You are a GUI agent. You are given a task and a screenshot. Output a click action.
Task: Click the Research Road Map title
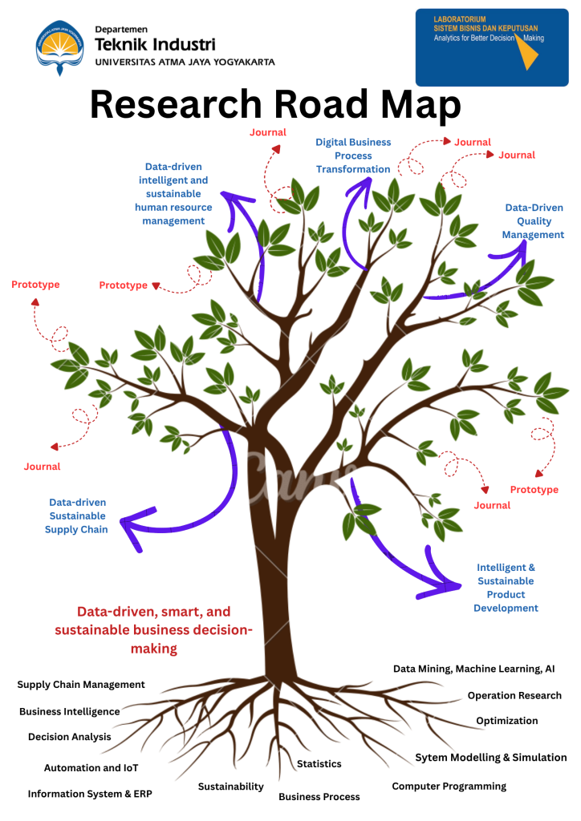(274, 105)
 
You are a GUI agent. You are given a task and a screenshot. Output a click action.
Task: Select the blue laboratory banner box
(491, 47)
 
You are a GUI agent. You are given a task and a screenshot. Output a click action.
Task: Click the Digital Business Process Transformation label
(353, 156)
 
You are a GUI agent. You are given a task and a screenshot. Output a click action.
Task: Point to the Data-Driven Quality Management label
(534, 221)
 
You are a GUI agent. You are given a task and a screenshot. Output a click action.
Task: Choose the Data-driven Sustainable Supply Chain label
(77, 516)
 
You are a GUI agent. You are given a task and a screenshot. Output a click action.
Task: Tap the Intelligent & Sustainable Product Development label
(506, 588)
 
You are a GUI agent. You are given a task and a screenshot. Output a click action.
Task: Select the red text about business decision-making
(153, 629)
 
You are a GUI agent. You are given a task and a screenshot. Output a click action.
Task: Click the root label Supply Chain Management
(81, 685)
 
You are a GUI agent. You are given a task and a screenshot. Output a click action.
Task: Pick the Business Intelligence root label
(70, 711)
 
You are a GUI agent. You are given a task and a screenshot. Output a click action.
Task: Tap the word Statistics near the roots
(319, 764)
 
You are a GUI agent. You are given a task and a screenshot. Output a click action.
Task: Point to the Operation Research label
(514, 695)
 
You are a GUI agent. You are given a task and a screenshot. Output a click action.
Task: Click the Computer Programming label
(449, 786)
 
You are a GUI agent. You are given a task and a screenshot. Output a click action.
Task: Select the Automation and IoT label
(91, 767)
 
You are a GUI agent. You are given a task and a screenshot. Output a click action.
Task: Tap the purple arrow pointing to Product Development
(401, 553)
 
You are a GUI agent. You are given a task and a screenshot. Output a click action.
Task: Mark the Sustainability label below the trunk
(231, 787)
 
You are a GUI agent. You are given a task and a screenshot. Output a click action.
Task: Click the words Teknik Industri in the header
(155, 44)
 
